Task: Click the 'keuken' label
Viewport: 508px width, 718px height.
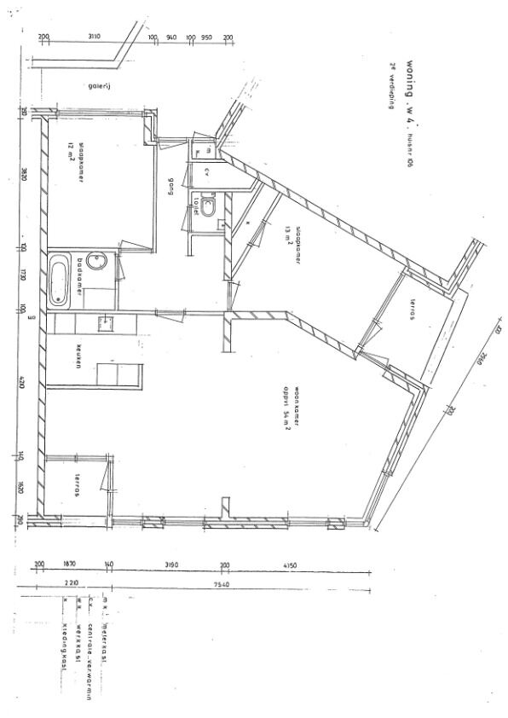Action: pyautogui.click(x=77, y=354)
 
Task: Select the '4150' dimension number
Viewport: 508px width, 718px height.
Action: pyautogui.click(x=290, y=565)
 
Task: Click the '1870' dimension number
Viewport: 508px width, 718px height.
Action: pyautogui.click(x=71, y=565)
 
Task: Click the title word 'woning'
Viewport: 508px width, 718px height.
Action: pyautogui.click(x=410, y=78)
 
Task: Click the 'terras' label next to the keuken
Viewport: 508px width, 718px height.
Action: pyautogui.click(x=77, y=485)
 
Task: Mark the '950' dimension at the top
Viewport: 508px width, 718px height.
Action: pyautogui.click(x=207, y=38)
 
